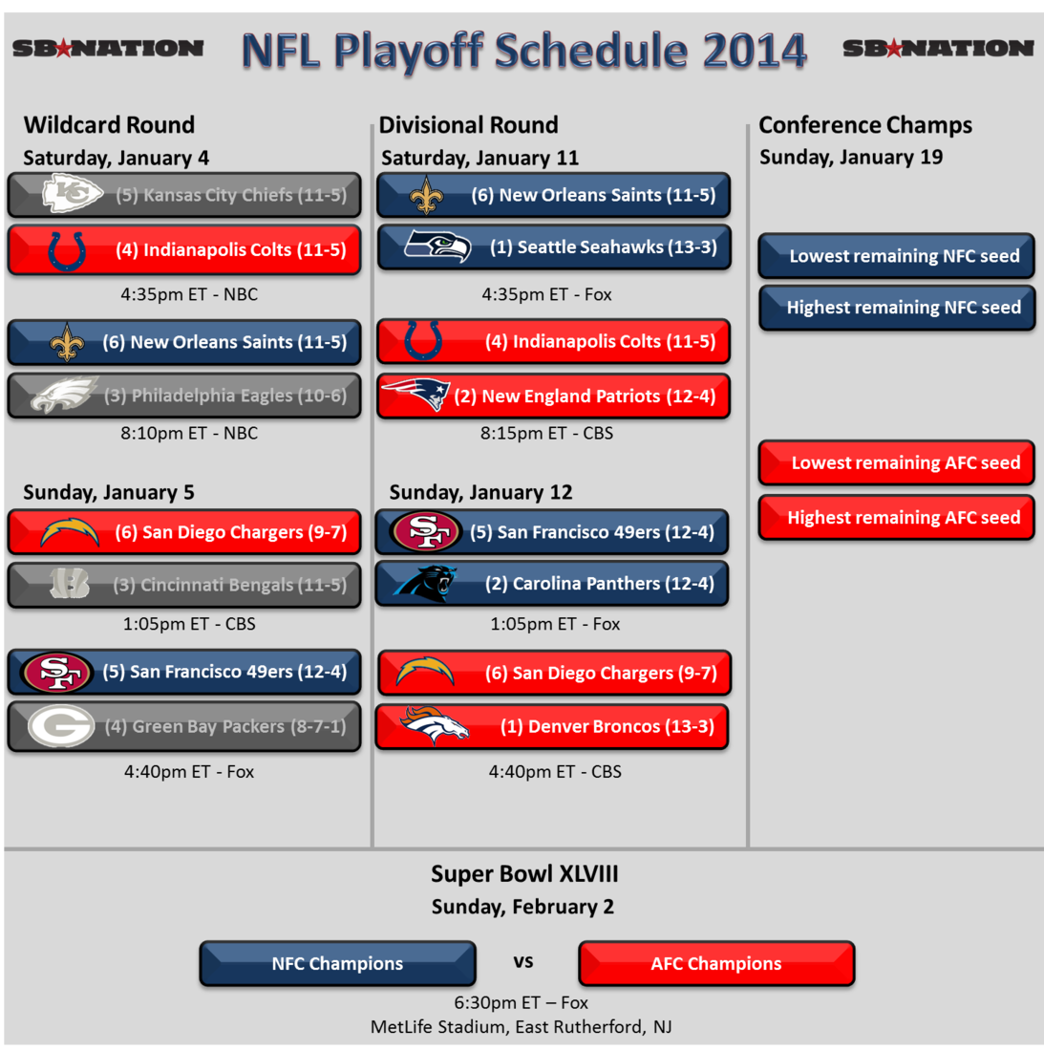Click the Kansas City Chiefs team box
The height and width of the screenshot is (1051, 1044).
(184, 195)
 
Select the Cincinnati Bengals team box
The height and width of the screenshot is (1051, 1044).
(184, 585)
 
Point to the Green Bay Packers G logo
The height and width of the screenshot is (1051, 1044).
(61, 726)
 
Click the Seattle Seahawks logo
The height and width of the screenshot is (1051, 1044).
(437, 247)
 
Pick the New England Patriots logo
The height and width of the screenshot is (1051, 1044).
(415, 395)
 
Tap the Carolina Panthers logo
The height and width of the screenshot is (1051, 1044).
(425, 583)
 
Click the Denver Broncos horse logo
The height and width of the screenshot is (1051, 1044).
(434, 725)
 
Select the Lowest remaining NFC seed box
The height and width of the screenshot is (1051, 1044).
(897, 256)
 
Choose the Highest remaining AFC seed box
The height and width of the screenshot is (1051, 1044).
(897, 518)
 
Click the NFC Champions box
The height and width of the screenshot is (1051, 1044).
(337, 963)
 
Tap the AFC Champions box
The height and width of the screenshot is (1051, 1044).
(716, 963)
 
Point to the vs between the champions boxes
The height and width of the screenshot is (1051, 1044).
(523, 962)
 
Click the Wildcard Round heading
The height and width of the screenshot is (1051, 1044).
(109, 125)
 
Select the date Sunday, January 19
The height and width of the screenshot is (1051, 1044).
(851, 158)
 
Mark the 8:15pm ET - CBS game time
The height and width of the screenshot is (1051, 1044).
(546, 433)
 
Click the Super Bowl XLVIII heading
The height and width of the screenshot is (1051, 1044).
(524, 874)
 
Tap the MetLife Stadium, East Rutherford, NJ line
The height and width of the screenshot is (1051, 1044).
(522, 1027)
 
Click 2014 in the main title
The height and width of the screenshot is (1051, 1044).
(755, 52)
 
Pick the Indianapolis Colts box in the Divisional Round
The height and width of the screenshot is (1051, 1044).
(554, 342)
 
